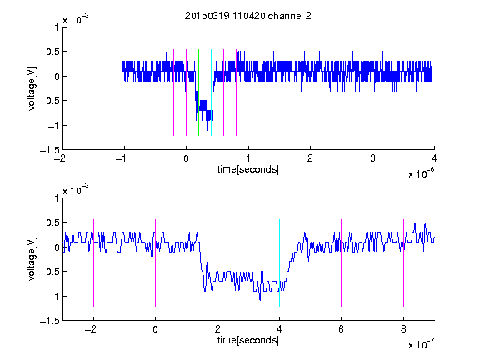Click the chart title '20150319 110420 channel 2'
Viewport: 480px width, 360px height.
[248, 16]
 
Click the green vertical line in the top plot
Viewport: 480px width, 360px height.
[198, 92]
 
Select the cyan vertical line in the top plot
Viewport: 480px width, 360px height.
[211, 92]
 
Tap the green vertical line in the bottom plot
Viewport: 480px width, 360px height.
[217, 262]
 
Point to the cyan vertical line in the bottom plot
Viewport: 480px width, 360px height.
[279, 262]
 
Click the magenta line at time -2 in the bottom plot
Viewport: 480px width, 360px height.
[93, 262]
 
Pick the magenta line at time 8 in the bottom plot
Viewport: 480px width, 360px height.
[404, 262]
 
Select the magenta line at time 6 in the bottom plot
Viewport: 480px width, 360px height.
[342, 262]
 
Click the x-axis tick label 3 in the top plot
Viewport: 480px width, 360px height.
[372, 158]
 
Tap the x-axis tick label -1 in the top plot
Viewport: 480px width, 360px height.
[122, 158]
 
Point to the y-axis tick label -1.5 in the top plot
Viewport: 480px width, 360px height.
[50, 150]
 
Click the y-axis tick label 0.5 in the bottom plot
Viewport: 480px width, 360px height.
[52, 222]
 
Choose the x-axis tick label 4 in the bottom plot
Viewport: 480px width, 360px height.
[279, 329]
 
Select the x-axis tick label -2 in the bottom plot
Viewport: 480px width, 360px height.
[91, 329]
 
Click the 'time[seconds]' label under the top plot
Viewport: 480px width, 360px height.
[248, 169]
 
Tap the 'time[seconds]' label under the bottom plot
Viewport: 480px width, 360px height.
[248, 340]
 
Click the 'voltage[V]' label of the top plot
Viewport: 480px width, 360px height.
[32, 89]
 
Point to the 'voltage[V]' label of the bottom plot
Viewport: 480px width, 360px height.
[32, 259]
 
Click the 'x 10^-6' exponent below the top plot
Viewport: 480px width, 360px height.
[421, 173]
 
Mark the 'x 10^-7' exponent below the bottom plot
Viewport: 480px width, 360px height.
[421, 344]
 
